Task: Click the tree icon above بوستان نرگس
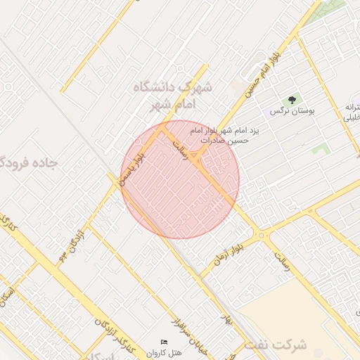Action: click(x=292, y=100)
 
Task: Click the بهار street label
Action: click(x=225, y=323)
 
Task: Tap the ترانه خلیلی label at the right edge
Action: click(x=351, y=112)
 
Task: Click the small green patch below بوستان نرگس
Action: click(x=322, y=149)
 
